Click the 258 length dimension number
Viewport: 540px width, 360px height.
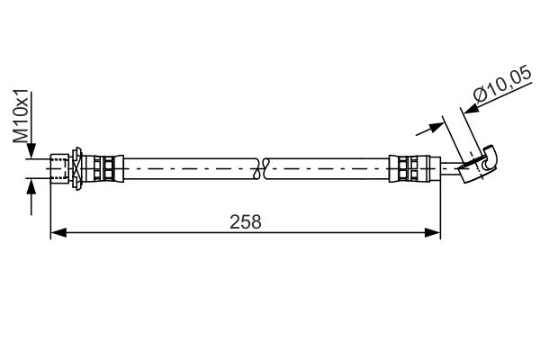pyautogui.click(x=245, y=222)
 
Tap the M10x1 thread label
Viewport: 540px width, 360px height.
pyautogui.click(x=21, y=117)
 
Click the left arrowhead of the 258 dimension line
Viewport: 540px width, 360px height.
pyautogui.click(x=58, y=232)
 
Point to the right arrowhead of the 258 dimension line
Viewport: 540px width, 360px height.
pyautogui.click(x=433, y=232)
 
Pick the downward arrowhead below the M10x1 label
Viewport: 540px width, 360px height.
pyautogui.click(x=31, y=151)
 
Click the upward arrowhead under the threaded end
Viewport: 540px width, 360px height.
pyautogui.click(x=31, y=186)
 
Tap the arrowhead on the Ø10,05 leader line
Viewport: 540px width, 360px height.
pyautogui.click(x=472, y=109)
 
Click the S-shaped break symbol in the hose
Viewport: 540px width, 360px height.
pyautogui.click(x=261, y=168)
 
